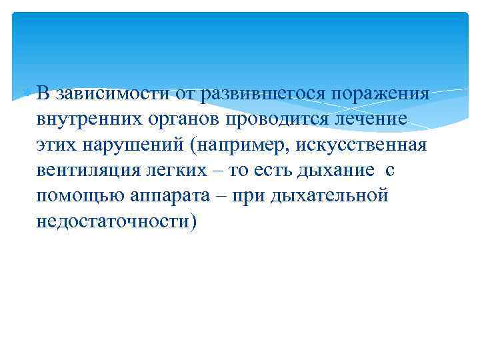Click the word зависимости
[113, 93]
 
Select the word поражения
[375, 93]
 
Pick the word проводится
[281, 120]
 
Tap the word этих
[58, 145]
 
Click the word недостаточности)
[117, 222]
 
